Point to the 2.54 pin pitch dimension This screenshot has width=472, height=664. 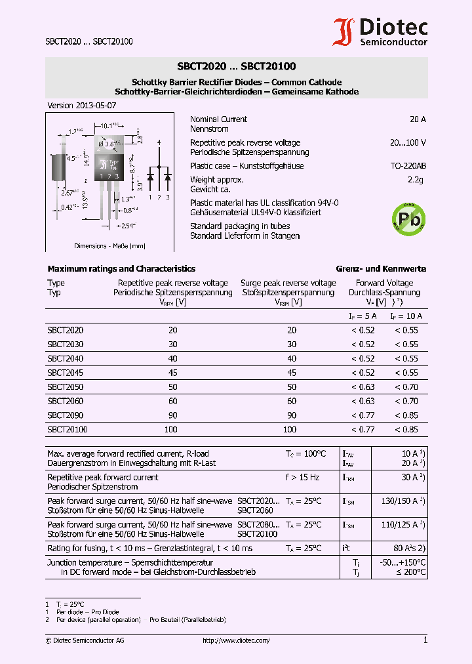click(126, 226)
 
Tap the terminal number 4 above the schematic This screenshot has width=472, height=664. click(159, 142)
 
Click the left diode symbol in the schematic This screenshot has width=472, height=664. click(151, 177)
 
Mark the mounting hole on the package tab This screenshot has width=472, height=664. click(109, 143)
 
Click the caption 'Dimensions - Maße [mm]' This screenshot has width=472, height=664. click(109, 246)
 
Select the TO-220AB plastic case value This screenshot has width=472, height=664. click(408, 166)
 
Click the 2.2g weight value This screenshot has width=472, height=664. click(416, 180)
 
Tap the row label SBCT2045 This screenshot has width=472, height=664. click(65, 373)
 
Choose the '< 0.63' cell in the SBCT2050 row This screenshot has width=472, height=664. click(363, 387)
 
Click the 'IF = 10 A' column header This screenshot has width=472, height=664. click(406, 316)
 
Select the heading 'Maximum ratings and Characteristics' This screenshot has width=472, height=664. click(121, 269)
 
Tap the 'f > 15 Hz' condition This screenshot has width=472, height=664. click(302, 477)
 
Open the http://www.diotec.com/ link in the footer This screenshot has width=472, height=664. click(236, 640)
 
